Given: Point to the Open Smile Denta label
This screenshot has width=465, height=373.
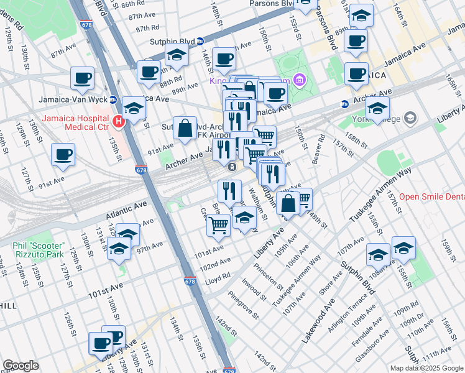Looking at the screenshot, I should coord(431,196).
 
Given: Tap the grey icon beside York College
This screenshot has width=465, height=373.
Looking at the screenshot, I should coord(410,117).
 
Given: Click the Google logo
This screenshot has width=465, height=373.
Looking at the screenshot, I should coord(21,366).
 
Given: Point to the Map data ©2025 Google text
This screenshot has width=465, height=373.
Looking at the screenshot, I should coord(426,368).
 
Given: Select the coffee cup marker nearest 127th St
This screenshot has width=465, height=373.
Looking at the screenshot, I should coord(63,155).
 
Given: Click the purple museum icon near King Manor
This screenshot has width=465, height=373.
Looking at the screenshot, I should coord(300,80).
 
